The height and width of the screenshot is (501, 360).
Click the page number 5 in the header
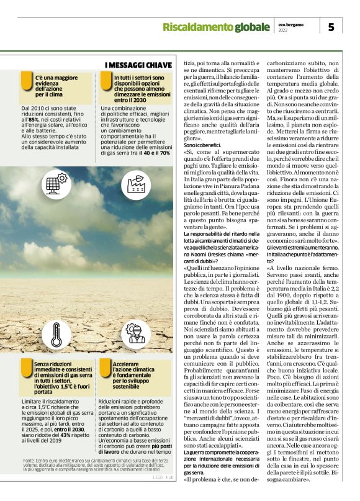pos(331,26)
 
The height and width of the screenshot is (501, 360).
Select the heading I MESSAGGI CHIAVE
pos(138,65)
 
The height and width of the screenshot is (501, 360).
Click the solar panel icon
pos(56,184)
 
